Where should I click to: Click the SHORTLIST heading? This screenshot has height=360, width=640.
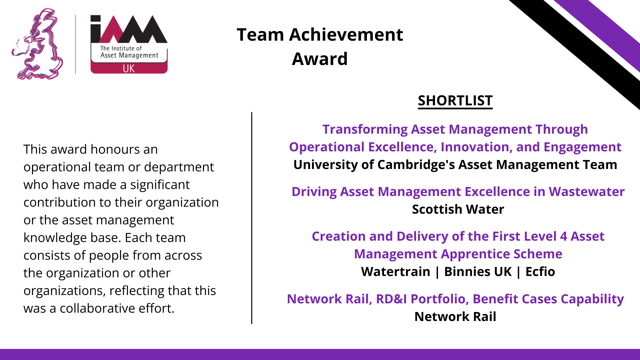[455, 101]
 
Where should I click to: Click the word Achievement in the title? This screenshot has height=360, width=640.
[346, 35]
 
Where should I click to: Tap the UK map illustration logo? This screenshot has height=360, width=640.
[37, 44]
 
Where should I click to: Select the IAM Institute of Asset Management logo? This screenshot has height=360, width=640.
[129, 44]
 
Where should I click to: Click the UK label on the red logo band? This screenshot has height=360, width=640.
[129, 68]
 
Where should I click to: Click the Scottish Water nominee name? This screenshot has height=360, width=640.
[458, 209]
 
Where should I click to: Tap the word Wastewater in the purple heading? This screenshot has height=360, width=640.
[586, 192]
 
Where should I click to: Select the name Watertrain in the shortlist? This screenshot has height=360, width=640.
[395, 272]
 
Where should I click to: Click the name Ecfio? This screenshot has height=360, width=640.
[540, 272]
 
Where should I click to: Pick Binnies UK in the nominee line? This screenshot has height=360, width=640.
[478, 272]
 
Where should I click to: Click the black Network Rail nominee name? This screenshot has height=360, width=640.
[455, 317]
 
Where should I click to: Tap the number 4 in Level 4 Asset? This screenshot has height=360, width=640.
[564, 237]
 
